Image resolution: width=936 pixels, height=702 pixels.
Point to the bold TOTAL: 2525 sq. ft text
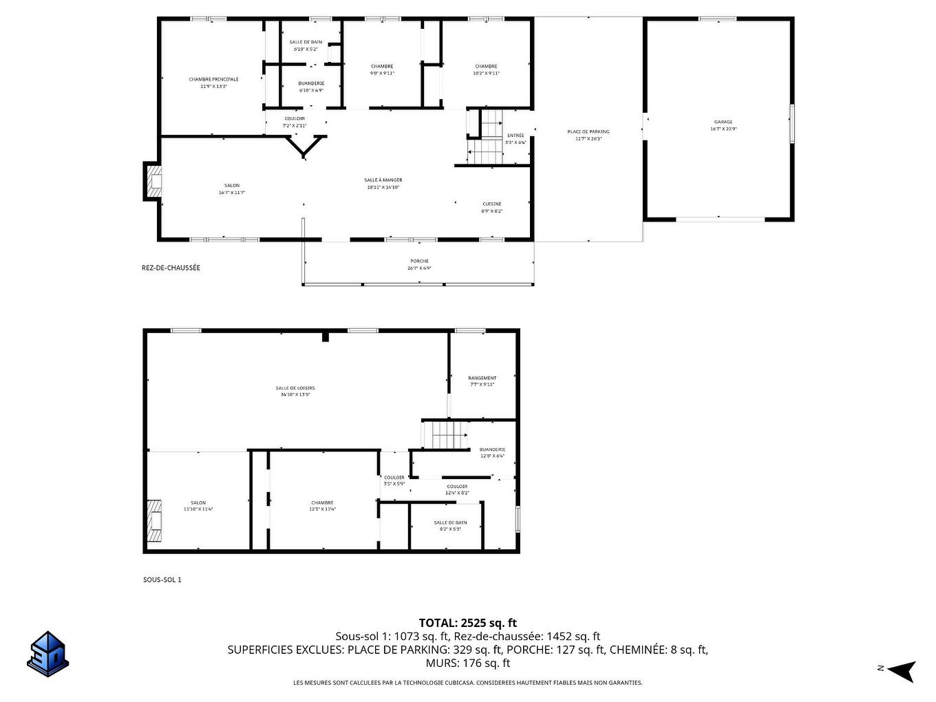(467, 623)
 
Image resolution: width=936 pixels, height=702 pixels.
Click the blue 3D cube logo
(47, 653)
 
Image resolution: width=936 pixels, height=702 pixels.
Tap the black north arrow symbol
(902, 670)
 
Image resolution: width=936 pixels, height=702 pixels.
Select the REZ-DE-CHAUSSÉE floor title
(171, 268)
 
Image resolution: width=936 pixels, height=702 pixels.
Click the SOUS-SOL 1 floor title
(162, 579)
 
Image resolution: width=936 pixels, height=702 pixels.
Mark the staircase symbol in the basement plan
(444, 436)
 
